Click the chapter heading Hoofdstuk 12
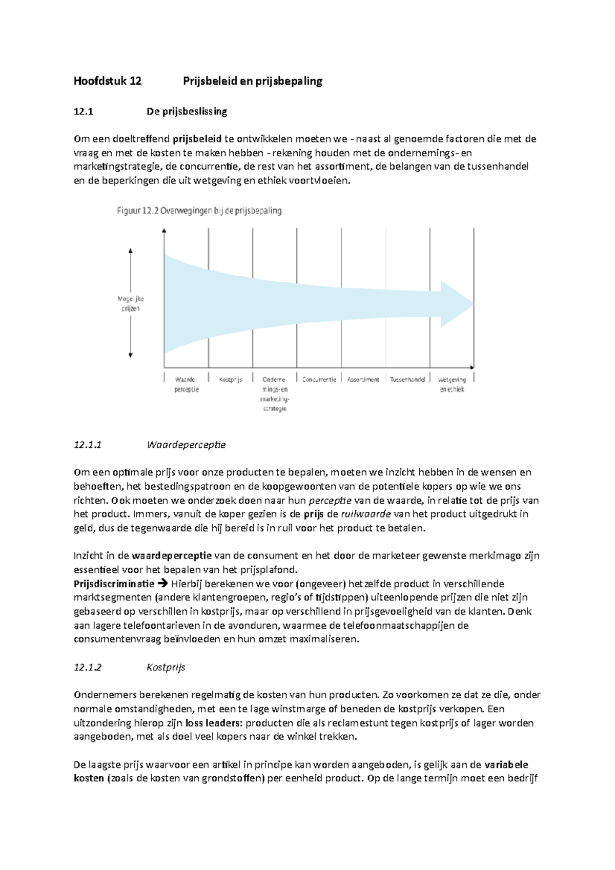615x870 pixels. click(108, 81)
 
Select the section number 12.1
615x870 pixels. click(84, 112)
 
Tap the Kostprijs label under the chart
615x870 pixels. click(230, 380)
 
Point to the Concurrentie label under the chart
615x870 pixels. click(319, 380)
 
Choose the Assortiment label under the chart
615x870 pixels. click(363, 380)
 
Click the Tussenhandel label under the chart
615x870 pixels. click(407, 380)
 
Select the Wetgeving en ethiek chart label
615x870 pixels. click(452, 384)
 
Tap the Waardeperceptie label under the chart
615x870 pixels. click(186, 384)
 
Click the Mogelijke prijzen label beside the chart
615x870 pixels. click(131, 303)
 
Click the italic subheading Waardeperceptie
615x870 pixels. click(186, 445)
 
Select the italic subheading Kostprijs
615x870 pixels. click(166, 667)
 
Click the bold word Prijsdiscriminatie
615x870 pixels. click(114, 584)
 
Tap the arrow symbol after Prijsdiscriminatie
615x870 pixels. click(162, 584)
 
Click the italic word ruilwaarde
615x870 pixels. click(366, 514)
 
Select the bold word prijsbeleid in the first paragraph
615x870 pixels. click(197, 139)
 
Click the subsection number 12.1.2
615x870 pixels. click(88, 667)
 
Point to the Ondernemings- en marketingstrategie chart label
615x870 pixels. click(275, 393)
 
